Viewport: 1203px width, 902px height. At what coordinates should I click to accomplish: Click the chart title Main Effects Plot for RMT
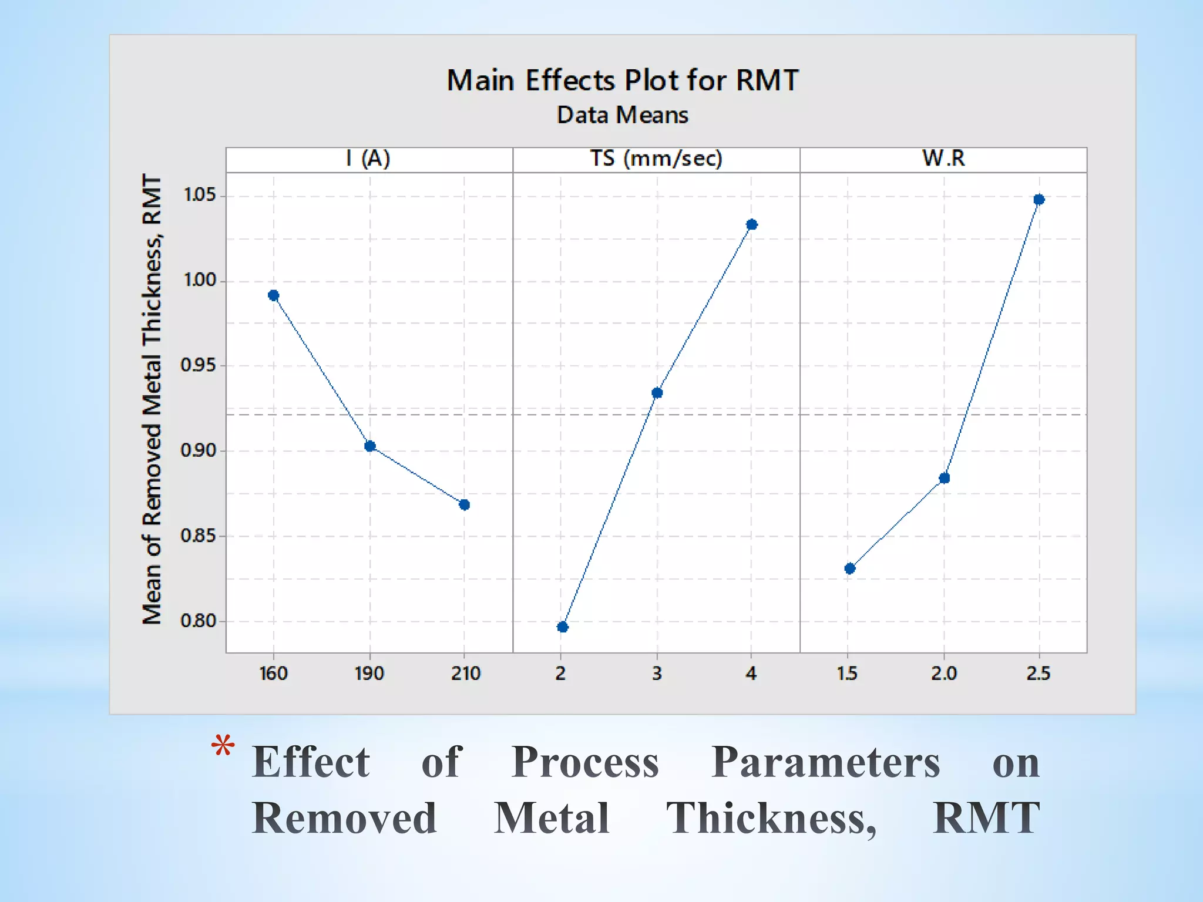pos(622,80)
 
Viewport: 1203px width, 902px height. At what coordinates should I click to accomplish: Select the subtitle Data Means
pos(622,115)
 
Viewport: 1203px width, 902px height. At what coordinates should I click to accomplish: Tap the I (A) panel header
pos(368,159)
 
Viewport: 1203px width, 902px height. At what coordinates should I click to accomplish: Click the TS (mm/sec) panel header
pos(656,159)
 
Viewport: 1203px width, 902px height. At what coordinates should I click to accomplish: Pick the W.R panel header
pos(943,159)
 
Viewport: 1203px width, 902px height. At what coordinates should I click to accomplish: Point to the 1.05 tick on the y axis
pos(200,195)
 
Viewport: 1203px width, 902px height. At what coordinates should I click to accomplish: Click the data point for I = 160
pos(274,295)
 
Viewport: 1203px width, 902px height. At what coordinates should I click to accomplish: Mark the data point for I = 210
pos(464,505)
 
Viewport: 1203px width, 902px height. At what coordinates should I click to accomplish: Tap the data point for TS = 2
pos(562,627)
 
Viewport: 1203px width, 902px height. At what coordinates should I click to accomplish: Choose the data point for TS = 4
pos(751,225)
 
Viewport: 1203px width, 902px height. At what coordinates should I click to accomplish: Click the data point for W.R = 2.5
pos(1039,200)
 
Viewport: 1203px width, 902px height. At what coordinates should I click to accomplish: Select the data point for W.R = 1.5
pos(849,568)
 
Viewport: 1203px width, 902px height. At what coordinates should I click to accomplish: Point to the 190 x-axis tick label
pos(369,673)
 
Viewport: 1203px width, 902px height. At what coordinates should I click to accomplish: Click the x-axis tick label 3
pos(657,673)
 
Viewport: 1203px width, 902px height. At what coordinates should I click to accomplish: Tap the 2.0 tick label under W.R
pos(943,673)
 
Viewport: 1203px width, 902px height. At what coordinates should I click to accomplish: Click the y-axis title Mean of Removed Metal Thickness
pos(152,399)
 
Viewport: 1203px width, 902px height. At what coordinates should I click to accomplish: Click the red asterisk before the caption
pos(223,748)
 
